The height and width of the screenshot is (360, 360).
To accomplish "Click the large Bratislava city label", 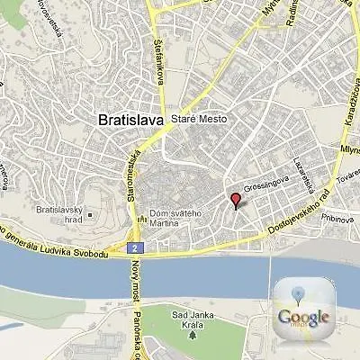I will [x=130, y=118].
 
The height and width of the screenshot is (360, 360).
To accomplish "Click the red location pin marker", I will [x=237, y=200].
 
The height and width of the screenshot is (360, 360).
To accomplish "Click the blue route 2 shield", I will [x=132, y=247].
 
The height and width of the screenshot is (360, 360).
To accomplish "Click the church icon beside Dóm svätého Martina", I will [x=140, y=221].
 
